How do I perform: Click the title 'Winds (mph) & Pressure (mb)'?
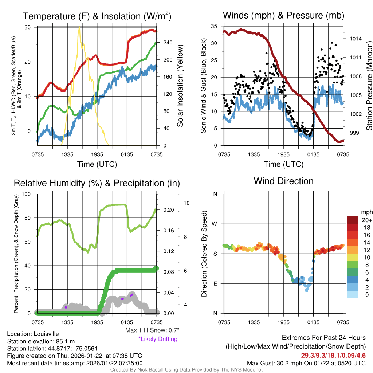coord(283,16)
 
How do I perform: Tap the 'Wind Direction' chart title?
coord(283,181)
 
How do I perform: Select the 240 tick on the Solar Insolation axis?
coord(168,43)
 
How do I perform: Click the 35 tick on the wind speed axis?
coord(215,26)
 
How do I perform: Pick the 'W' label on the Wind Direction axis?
coord(215,224)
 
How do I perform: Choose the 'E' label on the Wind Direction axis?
coord(215,283)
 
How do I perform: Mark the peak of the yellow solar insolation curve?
coord(79,27)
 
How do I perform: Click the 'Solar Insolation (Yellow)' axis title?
coord(180,86)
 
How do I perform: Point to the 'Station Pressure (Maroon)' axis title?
coord(369,86)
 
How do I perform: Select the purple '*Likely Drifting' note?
coord(158,339)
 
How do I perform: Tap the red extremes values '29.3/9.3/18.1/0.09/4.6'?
coord(333,355)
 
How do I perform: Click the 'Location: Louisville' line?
coord(33,334)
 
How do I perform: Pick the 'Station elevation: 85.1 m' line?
coord(41,341)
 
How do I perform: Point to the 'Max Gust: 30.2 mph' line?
coord(306,363)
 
